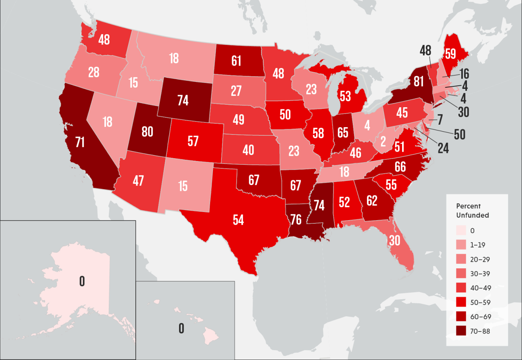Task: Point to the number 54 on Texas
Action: tap(238, 220)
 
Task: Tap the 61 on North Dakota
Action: tap(237, 61)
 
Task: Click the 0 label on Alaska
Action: tap(82, 281)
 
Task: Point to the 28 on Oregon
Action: tap(94, 73)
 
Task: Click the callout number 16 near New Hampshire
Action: tap(464, 74)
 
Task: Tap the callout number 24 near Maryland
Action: tap(443, 148)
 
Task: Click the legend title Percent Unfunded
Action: tap(472, 210)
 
